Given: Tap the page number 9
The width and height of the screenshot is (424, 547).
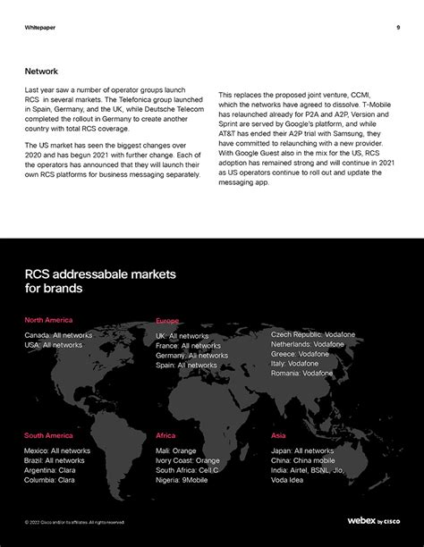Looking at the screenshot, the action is coord(397,27).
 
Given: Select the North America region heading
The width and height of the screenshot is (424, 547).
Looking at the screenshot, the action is coord(48,320).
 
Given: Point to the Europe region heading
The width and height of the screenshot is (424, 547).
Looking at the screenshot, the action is coord(167,320).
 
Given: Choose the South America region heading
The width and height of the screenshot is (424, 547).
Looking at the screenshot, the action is coord(48,435).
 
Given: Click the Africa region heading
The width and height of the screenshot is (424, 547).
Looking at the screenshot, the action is coord(165,435).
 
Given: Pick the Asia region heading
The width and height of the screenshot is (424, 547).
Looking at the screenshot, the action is coord(279,435).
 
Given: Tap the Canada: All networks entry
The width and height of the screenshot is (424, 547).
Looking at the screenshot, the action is coord(58,334).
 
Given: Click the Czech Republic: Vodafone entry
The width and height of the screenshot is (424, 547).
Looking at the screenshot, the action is coord(313,334).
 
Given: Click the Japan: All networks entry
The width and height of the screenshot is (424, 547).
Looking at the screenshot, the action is coord(302,450).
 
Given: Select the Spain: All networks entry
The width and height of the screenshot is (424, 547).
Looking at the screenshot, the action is coord(186,365).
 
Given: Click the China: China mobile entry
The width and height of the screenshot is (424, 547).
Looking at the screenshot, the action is coord(303,460).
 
